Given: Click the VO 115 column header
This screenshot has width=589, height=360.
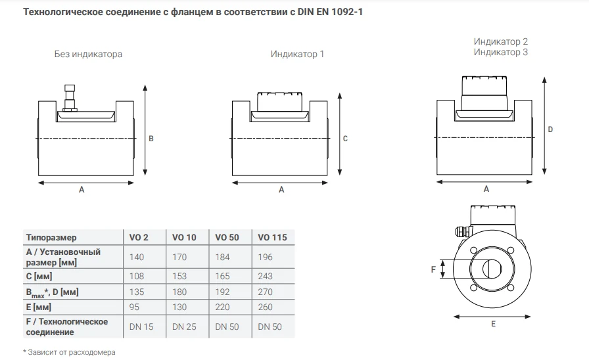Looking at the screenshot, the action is click(x=272, y=237).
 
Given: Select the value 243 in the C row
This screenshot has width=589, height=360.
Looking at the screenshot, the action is click(x=265, y=276).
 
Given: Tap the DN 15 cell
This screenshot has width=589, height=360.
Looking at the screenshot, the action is click(x=141, y=326).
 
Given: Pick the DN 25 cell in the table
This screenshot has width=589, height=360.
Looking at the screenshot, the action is click(x=184, y=326).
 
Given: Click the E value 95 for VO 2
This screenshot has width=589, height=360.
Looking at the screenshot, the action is click(x=134, y=307).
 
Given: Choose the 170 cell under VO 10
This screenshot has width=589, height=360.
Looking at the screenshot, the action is click(x=179, y=257).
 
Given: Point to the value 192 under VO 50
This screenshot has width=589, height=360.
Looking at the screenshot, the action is click(x=222, y=292).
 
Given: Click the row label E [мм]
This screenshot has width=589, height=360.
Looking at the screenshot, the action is click(x=39, y=307).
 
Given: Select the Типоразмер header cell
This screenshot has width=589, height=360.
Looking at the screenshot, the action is click(x=51, y=238).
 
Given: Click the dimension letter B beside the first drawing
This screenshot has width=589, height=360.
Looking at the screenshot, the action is click(x=151, y=139).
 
